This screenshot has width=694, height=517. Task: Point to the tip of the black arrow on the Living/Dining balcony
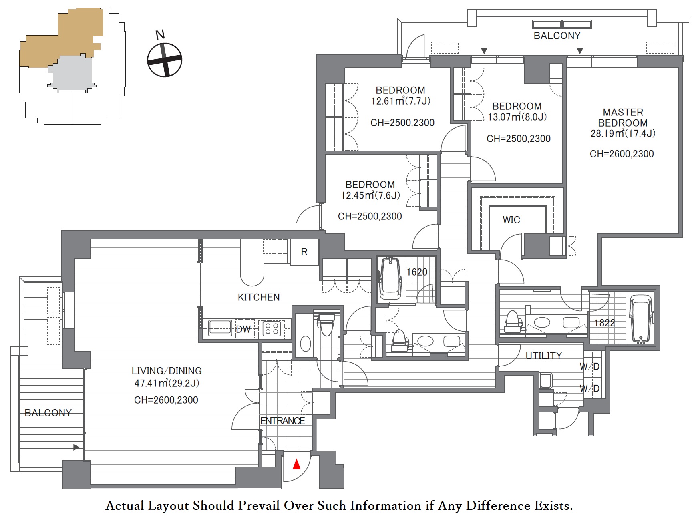(x=80, y=447)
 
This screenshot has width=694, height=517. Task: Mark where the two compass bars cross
(x=165, y=60)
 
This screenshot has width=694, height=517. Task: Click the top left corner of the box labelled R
(x=291, y=239)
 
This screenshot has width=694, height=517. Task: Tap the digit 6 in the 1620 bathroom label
(x=414, y=272)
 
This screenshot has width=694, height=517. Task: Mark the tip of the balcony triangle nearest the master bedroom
(x=580, y=54)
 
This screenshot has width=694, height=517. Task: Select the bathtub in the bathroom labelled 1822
(x=641, y=319)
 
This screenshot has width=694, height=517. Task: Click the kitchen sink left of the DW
(x=219, y=328)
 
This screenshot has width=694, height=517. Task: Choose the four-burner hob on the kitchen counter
(x=272, y=329)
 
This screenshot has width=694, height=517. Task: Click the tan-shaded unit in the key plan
(x=61, y=38)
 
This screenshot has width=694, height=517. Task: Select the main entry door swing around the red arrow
(x=297, y=467)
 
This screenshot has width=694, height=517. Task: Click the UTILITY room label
(x=543, y=356)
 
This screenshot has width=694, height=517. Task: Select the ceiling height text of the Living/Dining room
(x=166, y=400)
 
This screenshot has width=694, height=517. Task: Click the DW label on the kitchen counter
(x=243, y=329)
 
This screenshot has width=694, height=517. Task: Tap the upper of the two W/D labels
(x=589, y=366)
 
